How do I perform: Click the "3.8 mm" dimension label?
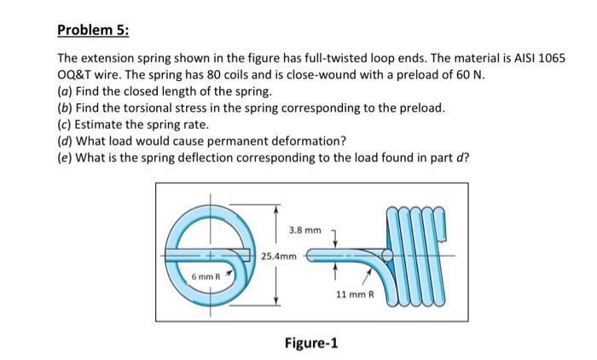pos(304,230)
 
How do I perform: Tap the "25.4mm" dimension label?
pos(279,255)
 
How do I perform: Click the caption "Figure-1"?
pos(310,343)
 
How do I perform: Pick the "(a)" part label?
pos(65,91)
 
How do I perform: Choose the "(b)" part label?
pos(65,108)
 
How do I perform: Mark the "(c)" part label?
pos(65,125)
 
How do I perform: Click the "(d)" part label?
pos(65,141)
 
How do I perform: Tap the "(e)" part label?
pos(65,157)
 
